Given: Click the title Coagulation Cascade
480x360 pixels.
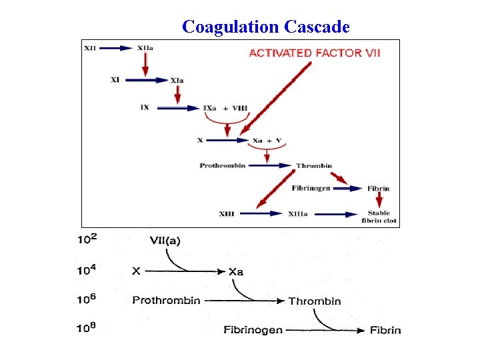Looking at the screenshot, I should (265, 27).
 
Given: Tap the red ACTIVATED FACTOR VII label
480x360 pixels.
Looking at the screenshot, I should (315, 53).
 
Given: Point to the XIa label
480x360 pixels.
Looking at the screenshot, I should (177, 81).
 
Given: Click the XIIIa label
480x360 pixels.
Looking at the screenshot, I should (298, 214).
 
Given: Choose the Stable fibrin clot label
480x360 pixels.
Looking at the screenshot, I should (379, 217).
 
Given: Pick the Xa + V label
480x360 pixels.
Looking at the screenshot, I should (267, 141).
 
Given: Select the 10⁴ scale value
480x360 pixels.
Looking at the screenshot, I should (88, 271).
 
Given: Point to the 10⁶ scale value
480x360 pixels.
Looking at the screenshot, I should (88, 300).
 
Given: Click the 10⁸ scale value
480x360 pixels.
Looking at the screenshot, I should (88, 329).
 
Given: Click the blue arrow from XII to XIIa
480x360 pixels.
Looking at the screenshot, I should (118, 48).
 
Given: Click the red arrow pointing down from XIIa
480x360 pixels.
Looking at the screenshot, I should (145, 63).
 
